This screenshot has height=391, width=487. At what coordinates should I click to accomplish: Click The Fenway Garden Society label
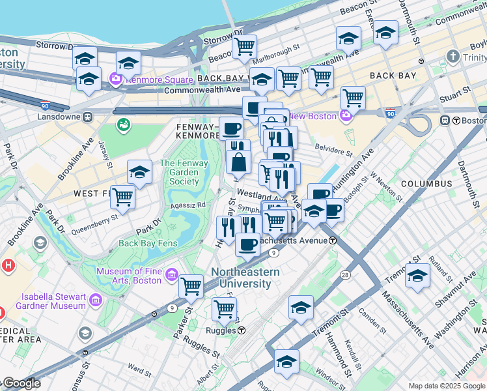[x=184, y=172]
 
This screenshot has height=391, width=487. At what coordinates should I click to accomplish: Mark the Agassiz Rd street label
[x=188, y=205]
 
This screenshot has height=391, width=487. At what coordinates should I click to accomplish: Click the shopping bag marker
[x=239, y=162]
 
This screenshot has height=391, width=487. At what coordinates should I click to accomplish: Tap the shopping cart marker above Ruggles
[x=224, y=308]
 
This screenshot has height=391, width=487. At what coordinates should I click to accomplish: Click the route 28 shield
[x=344, y=275]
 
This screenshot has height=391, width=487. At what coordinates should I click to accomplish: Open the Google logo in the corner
[x=21, y=383]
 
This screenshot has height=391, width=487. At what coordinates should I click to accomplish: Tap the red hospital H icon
[x=8, y=266]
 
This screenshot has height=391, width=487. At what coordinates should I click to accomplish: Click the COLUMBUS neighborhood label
[x=426, y=184]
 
